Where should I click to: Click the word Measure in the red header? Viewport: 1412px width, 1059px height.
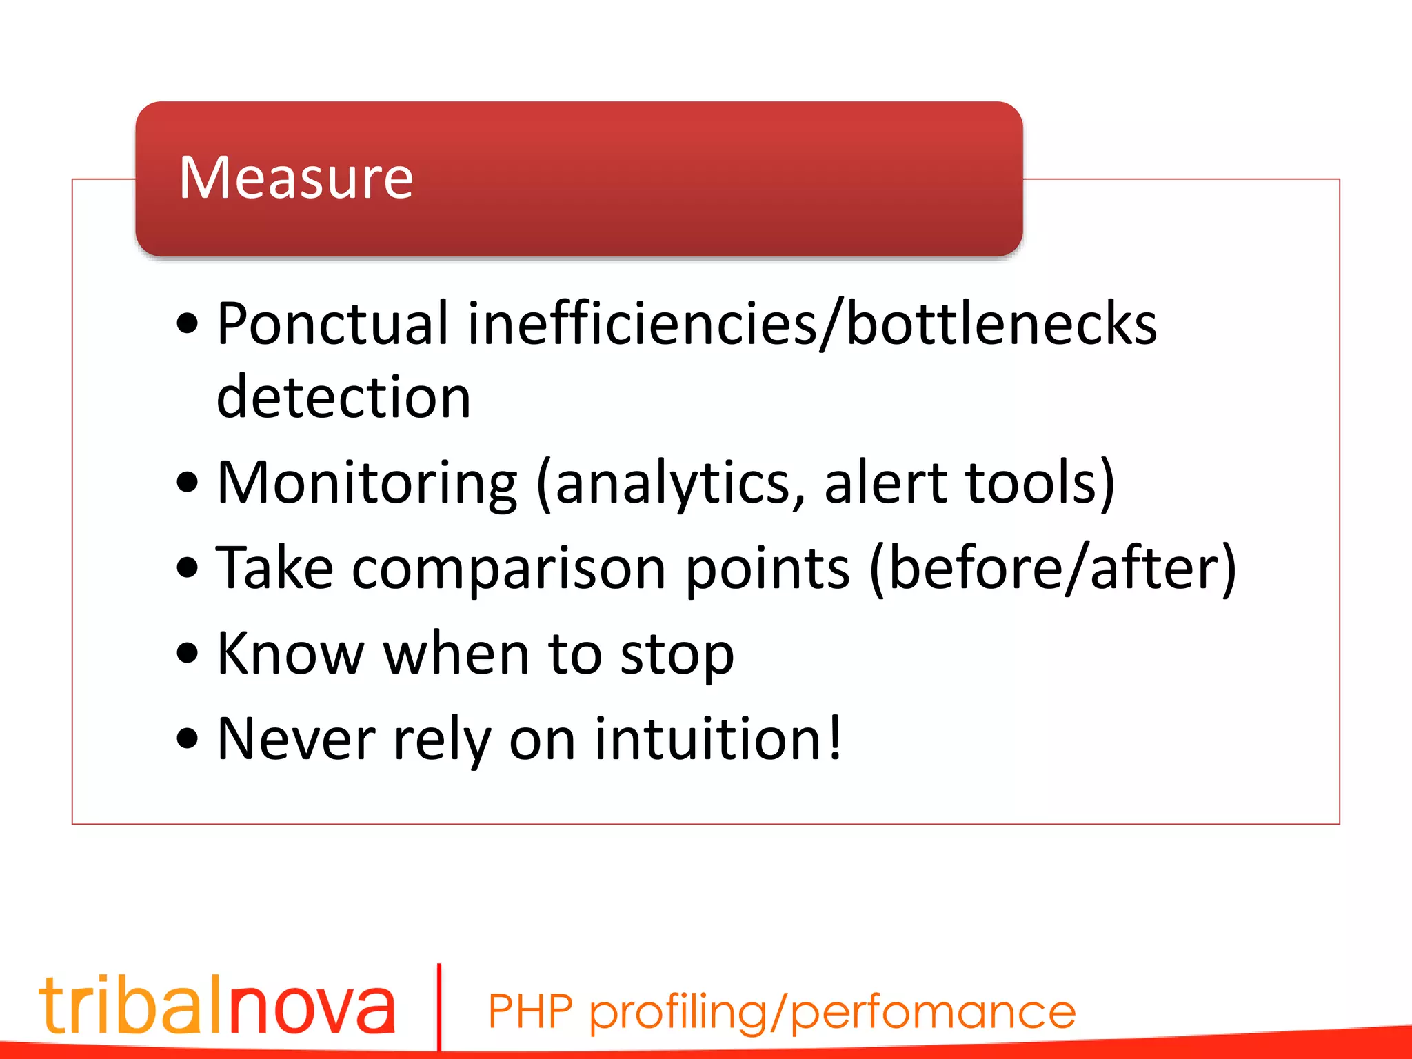click(296, 178)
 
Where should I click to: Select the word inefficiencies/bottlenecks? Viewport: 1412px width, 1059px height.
click(812, 324)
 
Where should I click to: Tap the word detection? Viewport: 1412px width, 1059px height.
click(343, 398)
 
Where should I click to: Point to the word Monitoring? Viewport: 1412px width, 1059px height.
click(367, 483)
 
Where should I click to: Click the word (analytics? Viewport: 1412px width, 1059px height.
click(670, 483)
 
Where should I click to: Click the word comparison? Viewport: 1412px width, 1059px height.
click(509, 569)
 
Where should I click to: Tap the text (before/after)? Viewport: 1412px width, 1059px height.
click(1053, 569)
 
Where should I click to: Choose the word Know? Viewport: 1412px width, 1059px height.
click(290, 654)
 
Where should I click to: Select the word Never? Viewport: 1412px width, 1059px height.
click(296, 739)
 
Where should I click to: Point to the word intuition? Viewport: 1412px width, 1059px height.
click(718, 739)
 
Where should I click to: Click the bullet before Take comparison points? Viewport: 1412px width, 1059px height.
click(187, 569)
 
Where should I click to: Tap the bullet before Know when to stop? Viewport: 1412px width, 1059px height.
click(187, 654)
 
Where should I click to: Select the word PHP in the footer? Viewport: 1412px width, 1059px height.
click(530, 1012)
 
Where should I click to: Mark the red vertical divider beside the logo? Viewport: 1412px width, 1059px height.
click(439, 1007)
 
